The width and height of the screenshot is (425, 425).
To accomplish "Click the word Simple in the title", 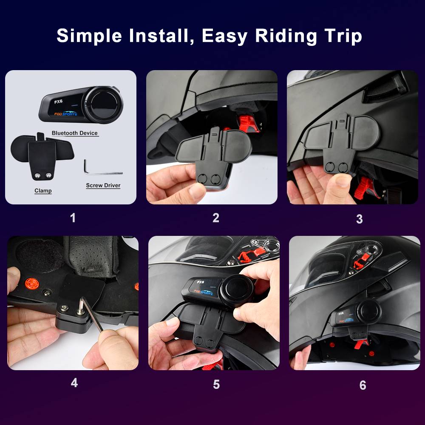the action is coord(89,36).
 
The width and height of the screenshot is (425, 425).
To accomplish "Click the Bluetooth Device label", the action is coord(75,133).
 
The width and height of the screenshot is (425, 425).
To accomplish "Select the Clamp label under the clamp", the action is coord(43,190).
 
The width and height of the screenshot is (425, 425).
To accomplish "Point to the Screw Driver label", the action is coord(103,185).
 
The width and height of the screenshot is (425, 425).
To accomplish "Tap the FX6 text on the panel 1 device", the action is coord(58,102).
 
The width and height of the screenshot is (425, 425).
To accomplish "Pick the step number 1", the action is coord(73,218).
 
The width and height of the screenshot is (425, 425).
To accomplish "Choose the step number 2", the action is coord(216,218).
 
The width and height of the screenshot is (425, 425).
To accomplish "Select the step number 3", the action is coord(360,219).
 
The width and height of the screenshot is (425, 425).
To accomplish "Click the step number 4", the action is coord(74,383).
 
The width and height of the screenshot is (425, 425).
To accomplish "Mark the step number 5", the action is coord(216,384).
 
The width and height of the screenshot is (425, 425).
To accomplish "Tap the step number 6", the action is coord(363,385).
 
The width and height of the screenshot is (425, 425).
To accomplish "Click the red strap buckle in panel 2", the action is coord(248,124).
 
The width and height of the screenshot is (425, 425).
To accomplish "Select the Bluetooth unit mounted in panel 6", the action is coord(356,314).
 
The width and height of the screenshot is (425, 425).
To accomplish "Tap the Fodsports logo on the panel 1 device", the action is coord(66,113).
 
